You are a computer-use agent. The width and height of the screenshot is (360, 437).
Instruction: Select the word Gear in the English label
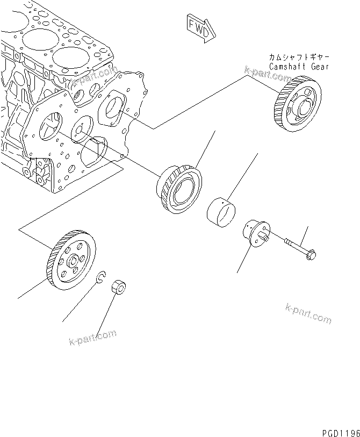(319, 67)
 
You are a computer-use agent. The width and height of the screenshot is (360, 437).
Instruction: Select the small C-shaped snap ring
(100, 277)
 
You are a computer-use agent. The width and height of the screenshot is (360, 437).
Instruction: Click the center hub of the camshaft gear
(301, 105)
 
